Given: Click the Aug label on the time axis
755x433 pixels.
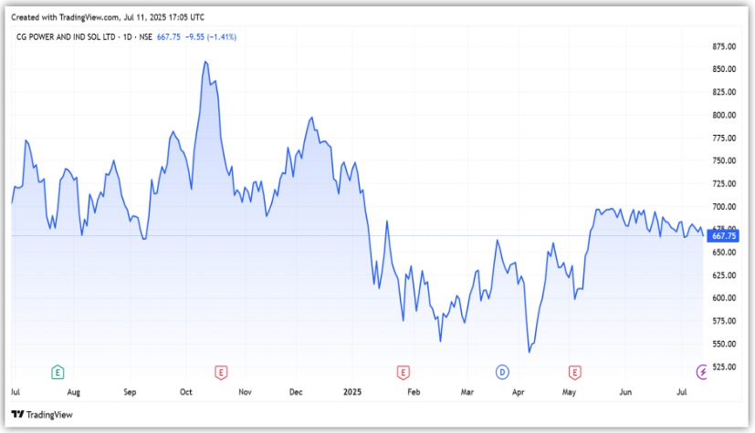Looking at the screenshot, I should (x=73, y=392).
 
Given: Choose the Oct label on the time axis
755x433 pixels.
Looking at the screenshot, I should (x=186, y=392).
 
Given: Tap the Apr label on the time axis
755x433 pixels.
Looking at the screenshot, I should (x=519, y=392).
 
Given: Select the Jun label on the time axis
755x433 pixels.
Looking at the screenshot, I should (x=625, y=392).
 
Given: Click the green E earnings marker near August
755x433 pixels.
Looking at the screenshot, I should (x=58, y=371).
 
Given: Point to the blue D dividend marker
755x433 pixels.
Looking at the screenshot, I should (x=502, y=371).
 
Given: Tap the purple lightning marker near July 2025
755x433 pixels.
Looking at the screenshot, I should (x=701, y=371).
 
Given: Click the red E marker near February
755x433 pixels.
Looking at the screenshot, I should (x=403, y=371).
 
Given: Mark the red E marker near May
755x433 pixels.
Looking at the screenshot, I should (x=574, y=371).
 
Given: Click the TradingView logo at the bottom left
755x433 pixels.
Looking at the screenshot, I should (x=42, y=416).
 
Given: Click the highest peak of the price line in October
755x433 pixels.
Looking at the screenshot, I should (x=204, y=62).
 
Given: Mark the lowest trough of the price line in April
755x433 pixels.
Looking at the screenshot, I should (x=529, y=352).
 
